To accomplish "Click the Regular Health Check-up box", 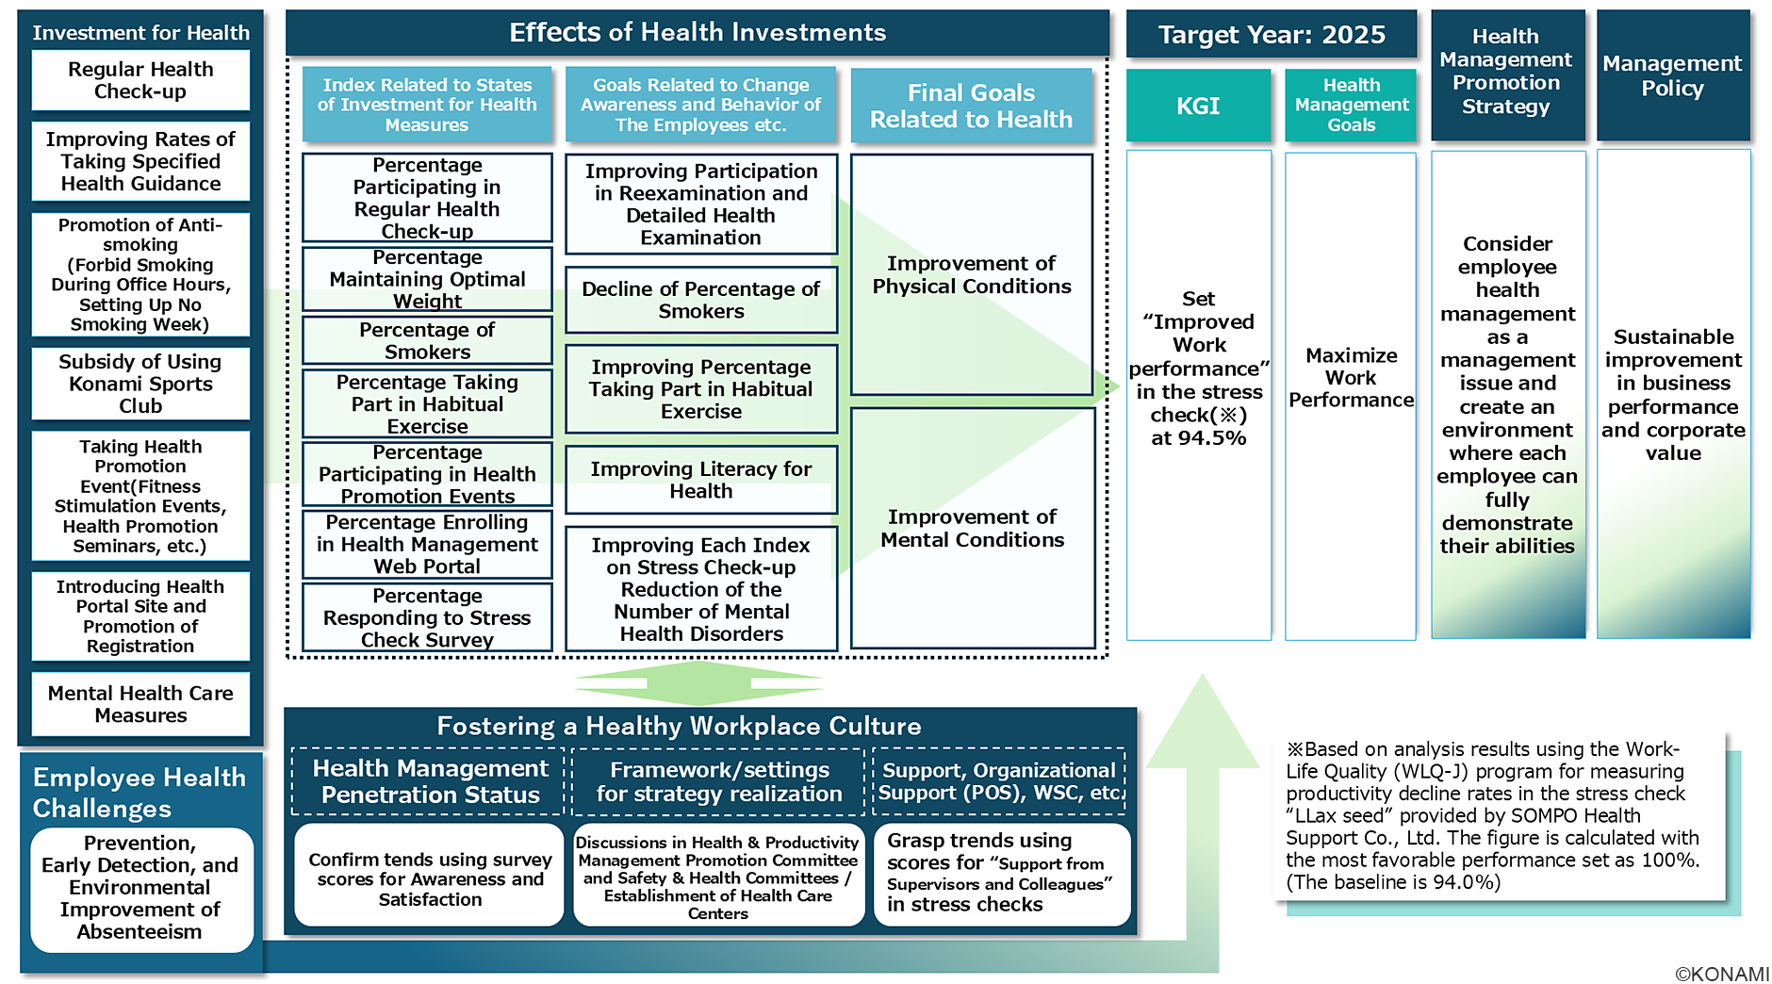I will click(140, 80).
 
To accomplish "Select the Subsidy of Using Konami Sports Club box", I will click(140, 384).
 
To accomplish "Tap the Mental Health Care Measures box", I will click(140, 704).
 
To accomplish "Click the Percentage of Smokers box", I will click(427, 340).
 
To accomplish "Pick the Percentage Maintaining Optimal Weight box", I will click(427, 279).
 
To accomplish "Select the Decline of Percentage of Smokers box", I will click(700, 300).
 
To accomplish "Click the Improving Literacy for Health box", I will click(700, 480).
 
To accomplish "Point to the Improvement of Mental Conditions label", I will click(972, 528).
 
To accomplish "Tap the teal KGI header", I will click(1197, 106).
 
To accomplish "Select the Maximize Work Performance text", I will click(1351, 378).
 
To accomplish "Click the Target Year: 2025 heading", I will click(1271, 35).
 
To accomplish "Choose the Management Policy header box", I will click(1672, 75).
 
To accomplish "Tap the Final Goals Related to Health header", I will click(971, 106).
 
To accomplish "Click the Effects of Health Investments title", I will click(697, 33).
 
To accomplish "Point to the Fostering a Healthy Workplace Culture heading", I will click(679, 726).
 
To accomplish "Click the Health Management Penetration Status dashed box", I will click(430, 781).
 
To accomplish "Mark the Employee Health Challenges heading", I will click(139, 793).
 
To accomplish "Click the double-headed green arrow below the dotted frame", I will click(698, 682).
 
